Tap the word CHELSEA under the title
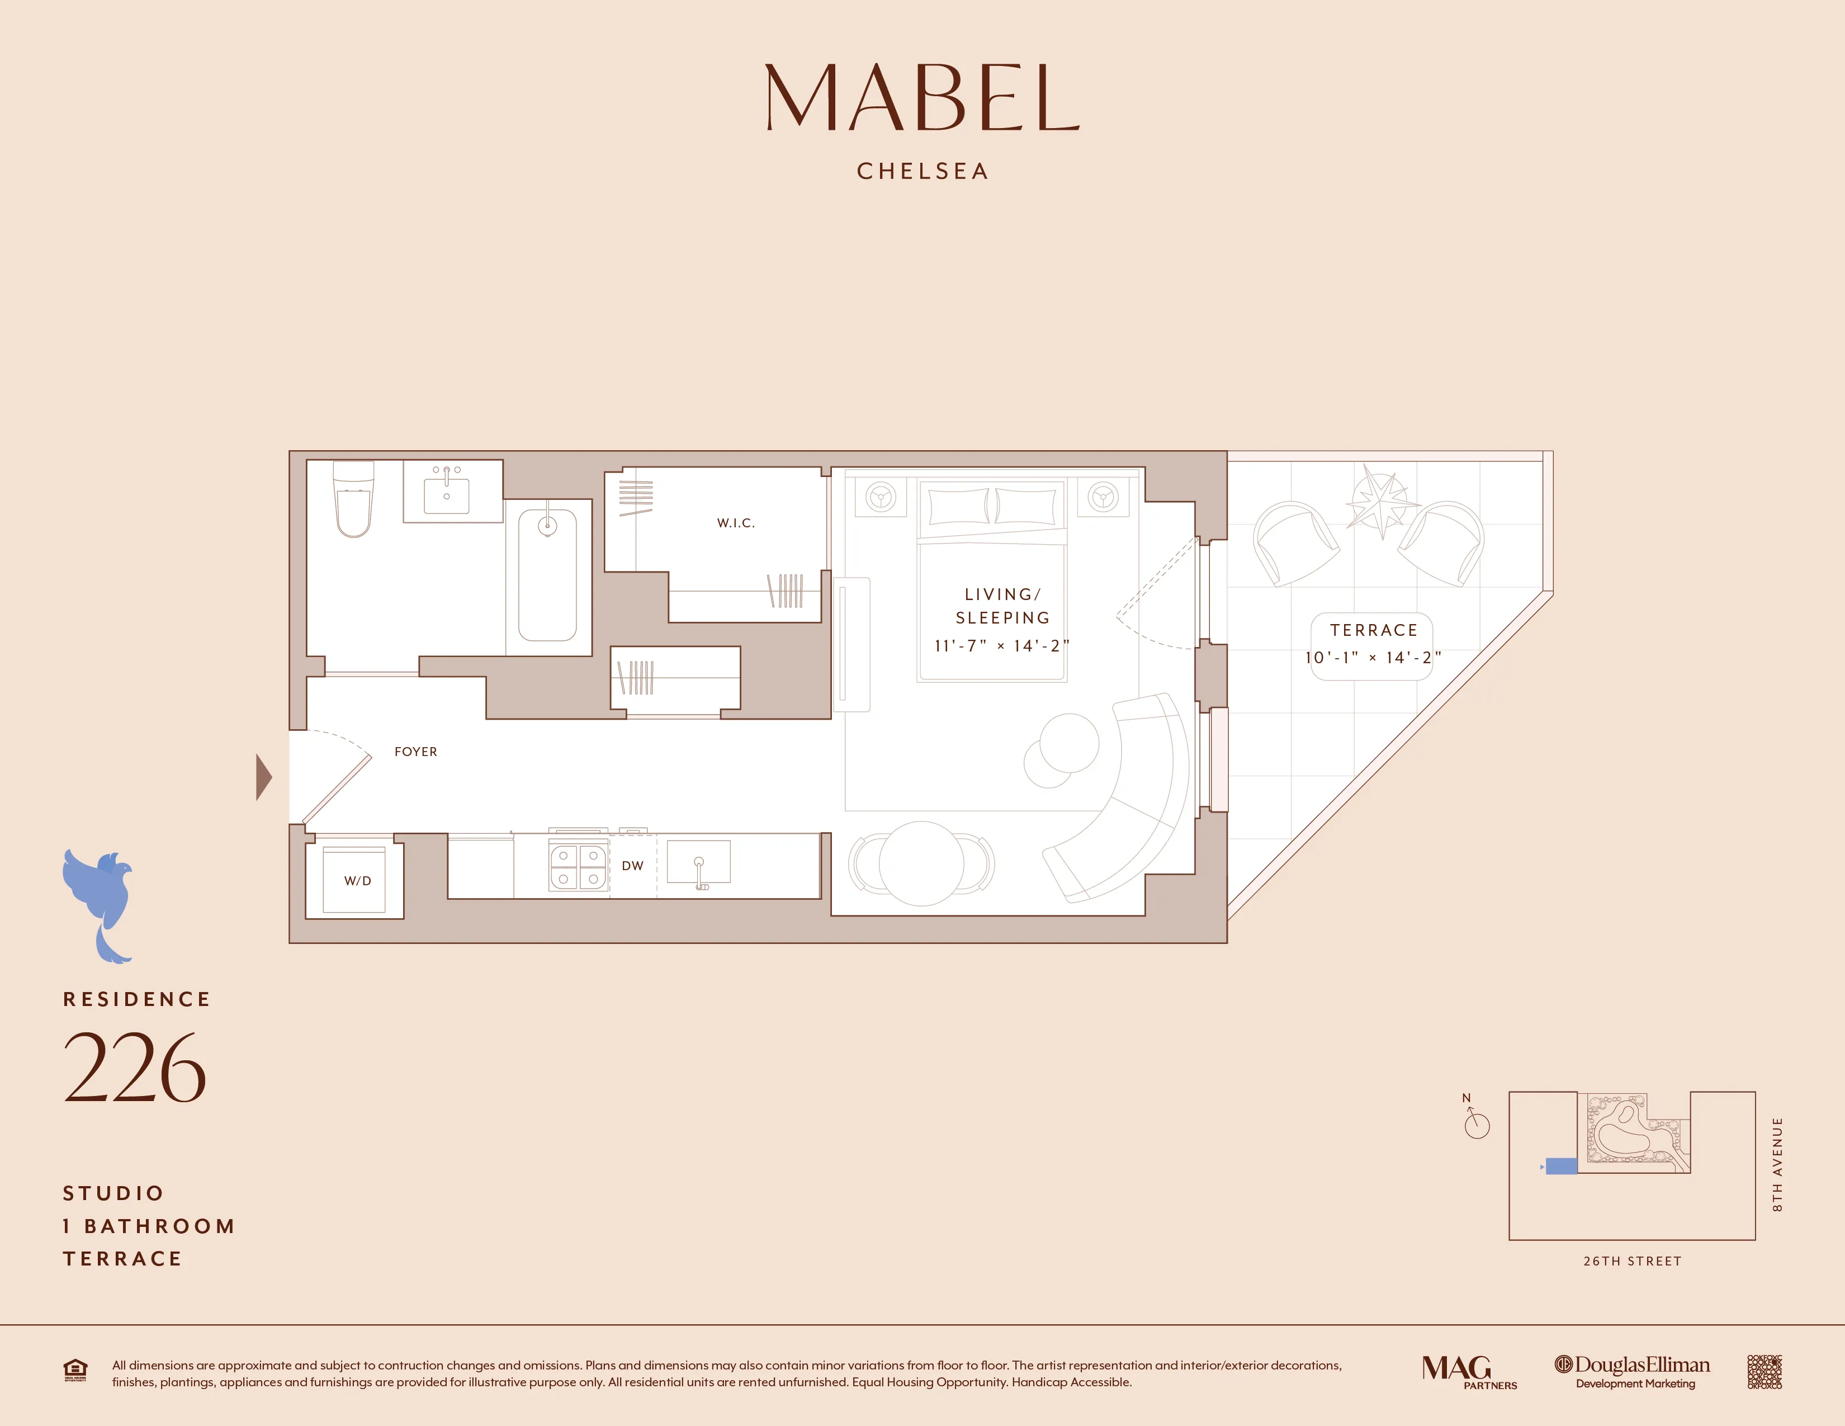(x=922, y=172)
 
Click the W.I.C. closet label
(x=736, y=523)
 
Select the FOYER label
(x=415, y=752)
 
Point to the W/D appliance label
(x=357, y=880)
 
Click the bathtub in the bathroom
(x=547, y=574)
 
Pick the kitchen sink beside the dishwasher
(x=699, y=862)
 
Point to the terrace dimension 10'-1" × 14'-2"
(x=1373, y=657)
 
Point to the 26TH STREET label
(x=1632, y=1261)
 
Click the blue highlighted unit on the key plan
(x=1561, y=1166)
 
